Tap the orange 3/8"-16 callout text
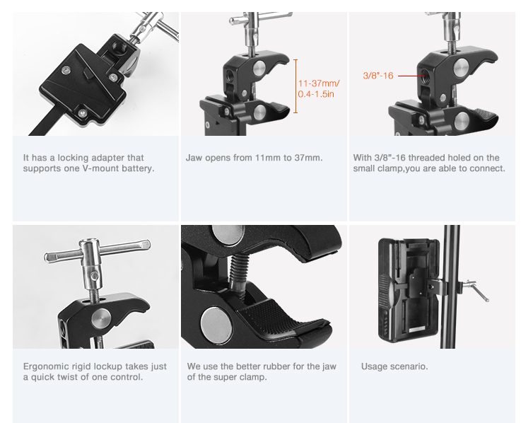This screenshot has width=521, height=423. coord(378,75)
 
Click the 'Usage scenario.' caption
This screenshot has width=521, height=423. coord(394,366)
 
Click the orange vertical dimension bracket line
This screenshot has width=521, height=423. coord(295,86)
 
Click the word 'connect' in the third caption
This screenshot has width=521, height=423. coord(487,168)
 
